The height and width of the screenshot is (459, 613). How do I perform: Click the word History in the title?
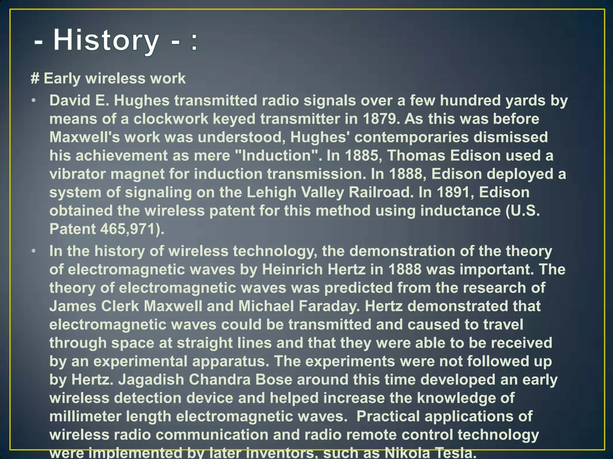click(x=106, y=40)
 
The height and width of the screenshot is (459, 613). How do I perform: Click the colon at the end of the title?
click(x=194, y=42)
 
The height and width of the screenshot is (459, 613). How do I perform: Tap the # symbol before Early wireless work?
click(x=35, y=79)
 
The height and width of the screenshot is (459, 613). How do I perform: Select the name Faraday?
click(x=329, y=306)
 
